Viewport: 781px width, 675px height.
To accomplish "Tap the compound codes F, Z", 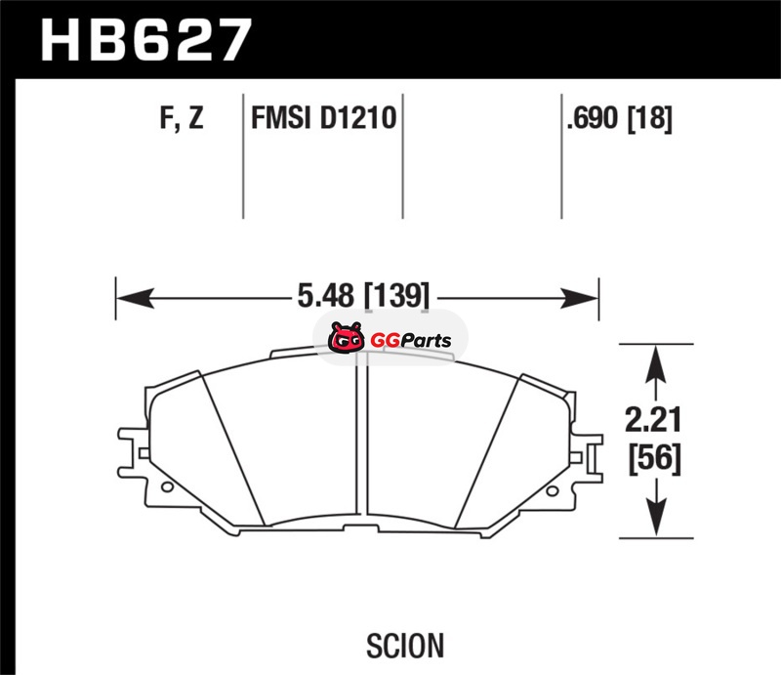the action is click(182, 117).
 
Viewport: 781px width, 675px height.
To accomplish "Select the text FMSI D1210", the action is click(324, 117).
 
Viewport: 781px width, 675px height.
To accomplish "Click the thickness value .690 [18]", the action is click(620, 118).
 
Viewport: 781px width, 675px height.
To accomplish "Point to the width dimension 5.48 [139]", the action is click(363, 295).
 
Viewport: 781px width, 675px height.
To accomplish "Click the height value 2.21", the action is click(653, 419).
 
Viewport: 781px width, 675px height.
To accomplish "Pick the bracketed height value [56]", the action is click(654, 457).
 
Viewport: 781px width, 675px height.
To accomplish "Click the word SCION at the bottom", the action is click(405, 646).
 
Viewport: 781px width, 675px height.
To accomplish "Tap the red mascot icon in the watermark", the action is click(346, 338).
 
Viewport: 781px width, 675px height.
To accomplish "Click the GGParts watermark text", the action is click(411, 341).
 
